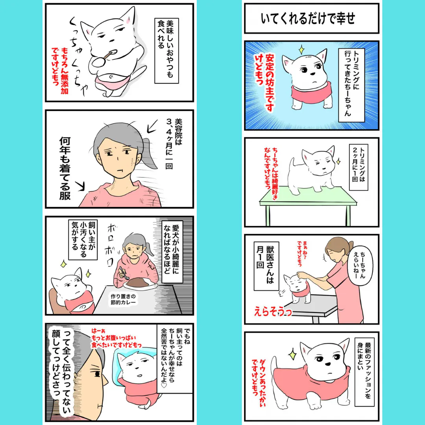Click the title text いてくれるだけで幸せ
[x=308, y=19]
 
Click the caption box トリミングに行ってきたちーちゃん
[x=351, y=85]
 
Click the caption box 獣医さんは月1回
[x=266, y=266]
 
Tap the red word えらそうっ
[x=273, y=312]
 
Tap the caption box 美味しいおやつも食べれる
[x=166, y=50]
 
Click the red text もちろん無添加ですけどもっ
[x=60, y=70]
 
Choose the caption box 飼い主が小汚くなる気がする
[x=83, y=239]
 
